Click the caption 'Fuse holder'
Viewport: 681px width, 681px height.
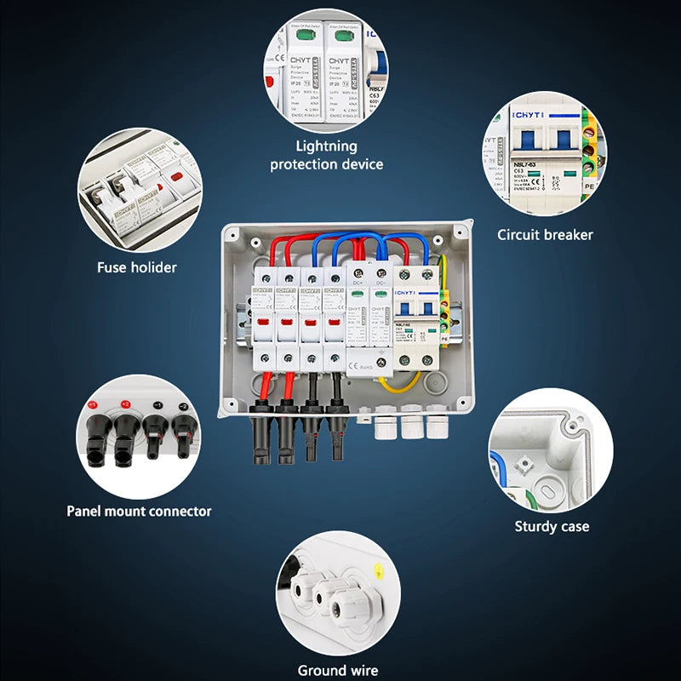[136, 267]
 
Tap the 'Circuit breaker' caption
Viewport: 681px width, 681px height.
[545, 234]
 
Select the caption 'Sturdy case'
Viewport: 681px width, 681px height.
[552, 526]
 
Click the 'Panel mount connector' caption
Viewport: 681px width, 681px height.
[139, 511]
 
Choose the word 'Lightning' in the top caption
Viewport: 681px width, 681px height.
[326, 146]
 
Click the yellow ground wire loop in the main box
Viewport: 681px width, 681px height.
[400, 383]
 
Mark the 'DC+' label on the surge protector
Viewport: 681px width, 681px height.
[358, 283]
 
